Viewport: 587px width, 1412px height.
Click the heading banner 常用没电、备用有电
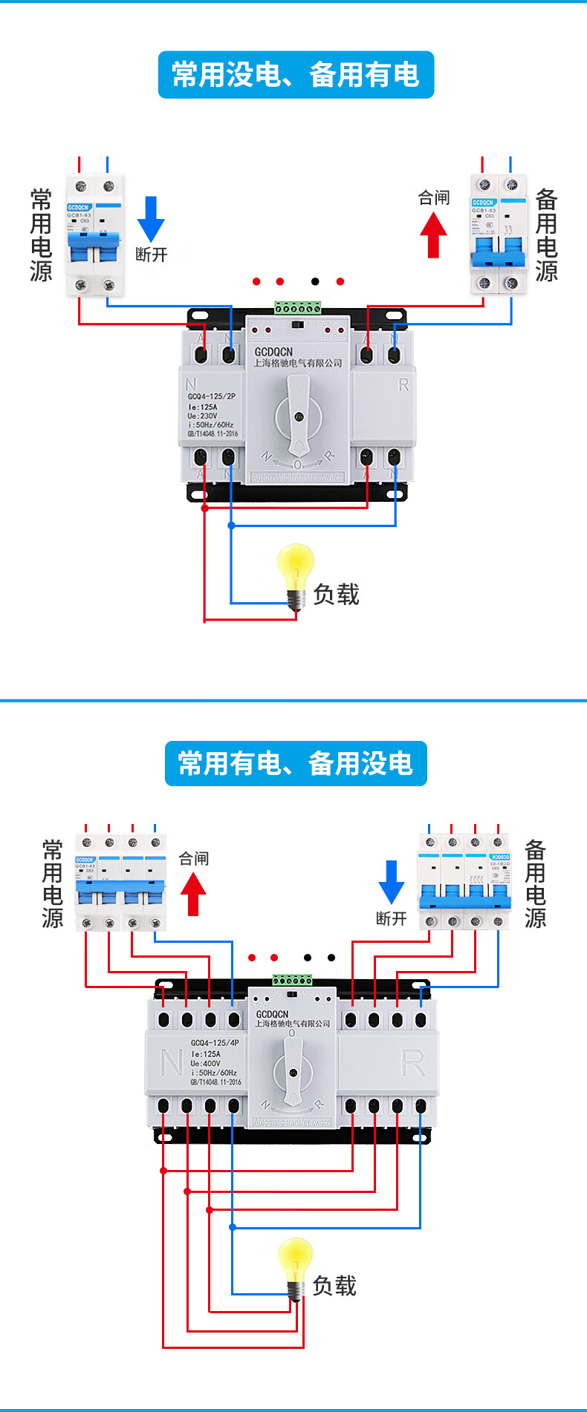tap(296, 74)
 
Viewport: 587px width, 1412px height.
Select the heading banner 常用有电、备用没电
tap(296, 763)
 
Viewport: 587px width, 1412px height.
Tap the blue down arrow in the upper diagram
tap(152, 218)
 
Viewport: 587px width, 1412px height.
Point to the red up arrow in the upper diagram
tap(434, 235)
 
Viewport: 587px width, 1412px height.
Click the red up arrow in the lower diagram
tap(193, 893)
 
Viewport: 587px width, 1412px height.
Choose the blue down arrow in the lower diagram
tap(392, 882)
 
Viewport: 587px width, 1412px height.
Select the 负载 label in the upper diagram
tap(337, 594)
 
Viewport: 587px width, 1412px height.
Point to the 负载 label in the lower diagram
tap(334, 1285)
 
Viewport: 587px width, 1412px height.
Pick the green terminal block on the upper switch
tap(297, 307)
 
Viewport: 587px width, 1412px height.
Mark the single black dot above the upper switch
tap(315, 281)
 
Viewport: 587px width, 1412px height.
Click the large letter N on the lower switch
tap(171, 1062)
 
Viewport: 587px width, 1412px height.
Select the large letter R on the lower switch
tap(412, 1063)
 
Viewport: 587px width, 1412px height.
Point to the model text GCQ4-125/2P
tap(212, 396)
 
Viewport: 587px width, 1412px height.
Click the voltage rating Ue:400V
tap(205, 1063)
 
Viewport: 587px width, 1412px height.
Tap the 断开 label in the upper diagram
tap(152, 255)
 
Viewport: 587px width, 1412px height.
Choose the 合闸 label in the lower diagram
tap(194, 858)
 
